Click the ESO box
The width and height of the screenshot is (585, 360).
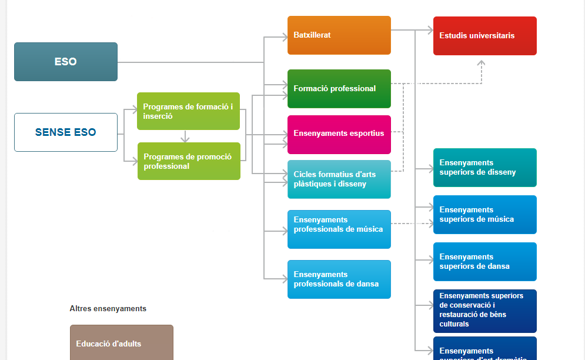point(66,62)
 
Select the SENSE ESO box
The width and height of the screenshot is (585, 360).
point(66,132)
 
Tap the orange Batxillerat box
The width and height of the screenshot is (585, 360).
point(339,35)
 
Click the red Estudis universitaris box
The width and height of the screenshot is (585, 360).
point(484,36)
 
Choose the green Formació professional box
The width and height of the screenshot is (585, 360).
point(339,89)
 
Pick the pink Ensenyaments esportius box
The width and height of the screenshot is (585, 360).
point(339,134)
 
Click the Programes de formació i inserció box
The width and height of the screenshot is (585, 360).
point(188,111)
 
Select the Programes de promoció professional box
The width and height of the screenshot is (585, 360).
point(188,161)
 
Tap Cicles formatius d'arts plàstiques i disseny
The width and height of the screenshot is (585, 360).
point(339,179)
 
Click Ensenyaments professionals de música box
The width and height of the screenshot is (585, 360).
point(339,229)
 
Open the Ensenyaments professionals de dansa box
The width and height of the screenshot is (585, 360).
point(339,279)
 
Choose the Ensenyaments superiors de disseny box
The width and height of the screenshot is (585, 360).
point(484,168)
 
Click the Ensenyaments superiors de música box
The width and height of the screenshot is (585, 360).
point(484,215)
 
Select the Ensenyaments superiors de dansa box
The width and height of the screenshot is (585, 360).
point(484,262)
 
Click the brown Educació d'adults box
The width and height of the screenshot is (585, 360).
point(121,344)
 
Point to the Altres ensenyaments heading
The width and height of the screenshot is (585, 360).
point(108,308)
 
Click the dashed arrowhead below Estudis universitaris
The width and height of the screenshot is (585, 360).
point(482,63)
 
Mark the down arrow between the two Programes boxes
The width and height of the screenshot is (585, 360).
point(185,139)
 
